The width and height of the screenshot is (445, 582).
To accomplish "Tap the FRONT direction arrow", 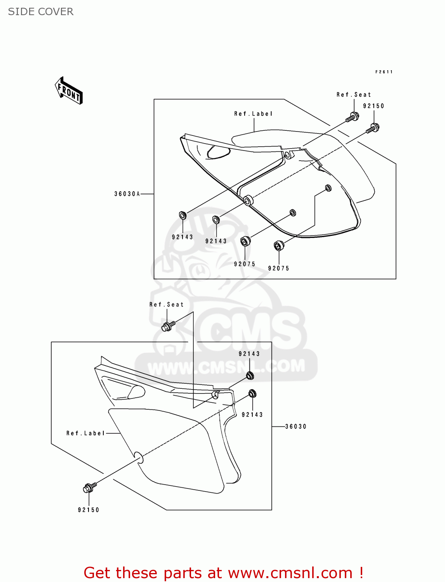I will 69,91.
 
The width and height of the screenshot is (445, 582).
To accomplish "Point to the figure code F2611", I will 384,72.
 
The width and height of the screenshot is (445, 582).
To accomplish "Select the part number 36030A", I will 127,194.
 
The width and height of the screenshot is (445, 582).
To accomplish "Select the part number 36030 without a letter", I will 296,426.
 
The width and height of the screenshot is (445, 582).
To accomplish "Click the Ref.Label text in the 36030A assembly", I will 253,114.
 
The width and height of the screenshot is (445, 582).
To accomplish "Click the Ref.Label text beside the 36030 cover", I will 85,433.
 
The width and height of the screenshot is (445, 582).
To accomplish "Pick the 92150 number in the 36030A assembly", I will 374,106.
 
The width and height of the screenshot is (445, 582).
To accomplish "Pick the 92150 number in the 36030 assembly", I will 89,510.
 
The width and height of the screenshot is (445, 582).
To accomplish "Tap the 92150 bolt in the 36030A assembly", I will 373,128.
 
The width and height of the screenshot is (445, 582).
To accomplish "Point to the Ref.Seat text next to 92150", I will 353,95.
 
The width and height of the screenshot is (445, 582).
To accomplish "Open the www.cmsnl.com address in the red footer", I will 290,573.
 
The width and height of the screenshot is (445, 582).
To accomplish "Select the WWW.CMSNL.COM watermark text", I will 226,367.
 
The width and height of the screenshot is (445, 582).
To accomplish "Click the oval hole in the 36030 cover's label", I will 138,457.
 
